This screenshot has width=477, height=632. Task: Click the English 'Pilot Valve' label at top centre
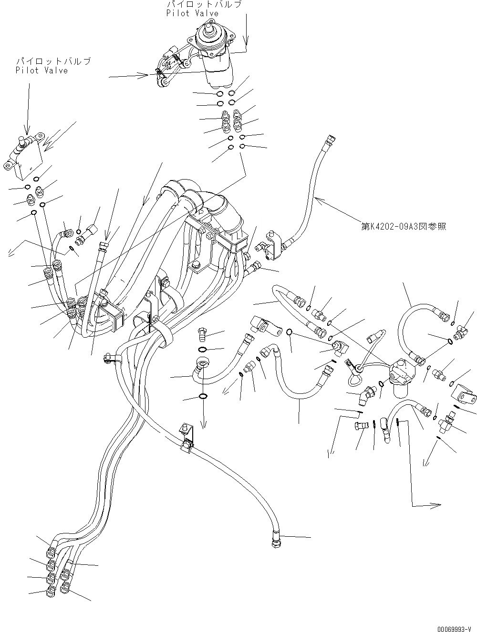(x=192, y=13)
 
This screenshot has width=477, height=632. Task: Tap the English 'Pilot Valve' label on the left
(x=41, y=70)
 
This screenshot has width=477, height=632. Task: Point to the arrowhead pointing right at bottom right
(x=435, y=505)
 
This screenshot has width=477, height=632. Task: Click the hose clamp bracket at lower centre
(x=187, y=437)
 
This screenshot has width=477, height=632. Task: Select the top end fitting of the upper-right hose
(x=328, y=140)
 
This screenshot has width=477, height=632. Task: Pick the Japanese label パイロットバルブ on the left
(x=53, y=61)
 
